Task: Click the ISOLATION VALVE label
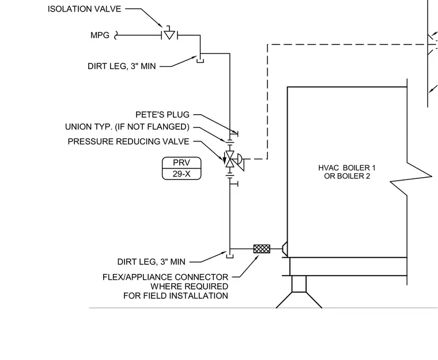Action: [84, 9]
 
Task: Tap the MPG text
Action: [100, 35]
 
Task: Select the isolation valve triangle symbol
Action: [169, 35]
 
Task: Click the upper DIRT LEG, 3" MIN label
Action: [122, 66]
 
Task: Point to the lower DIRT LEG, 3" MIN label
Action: [151, 262]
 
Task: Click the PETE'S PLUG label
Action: [163, 115]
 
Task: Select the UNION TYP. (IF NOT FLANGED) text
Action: [127, 127]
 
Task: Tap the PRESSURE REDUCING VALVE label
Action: [129, 141]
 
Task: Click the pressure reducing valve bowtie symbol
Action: [230, 159]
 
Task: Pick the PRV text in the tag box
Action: [182, 163]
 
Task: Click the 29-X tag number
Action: [182, 174]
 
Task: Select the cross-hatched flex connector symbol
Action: [262, 249]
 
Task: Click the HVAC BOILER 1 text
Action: [347, 168]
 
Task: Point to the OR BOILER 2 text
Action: [347, 176]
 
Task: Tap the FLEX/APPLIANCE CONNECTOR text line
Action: [165, 277]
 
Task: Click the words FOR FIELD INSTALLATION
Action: [176, 295]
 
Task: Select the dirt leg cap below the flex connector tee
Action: [229, 256]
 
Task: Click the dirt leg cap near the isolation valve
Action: [201, 61]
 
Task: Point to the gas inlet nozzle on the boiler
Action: [285, 249]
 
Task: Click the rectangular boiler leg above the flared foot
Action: [299, 284]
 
